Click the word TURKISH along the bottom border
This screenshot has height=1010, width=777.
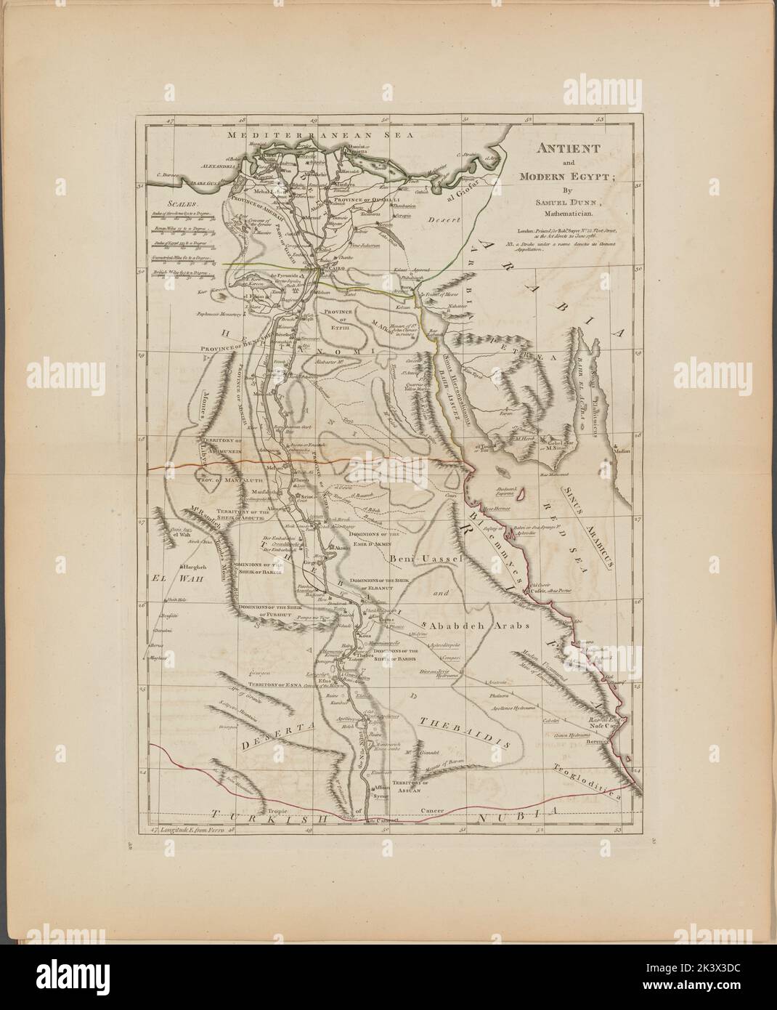point(273,817)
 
